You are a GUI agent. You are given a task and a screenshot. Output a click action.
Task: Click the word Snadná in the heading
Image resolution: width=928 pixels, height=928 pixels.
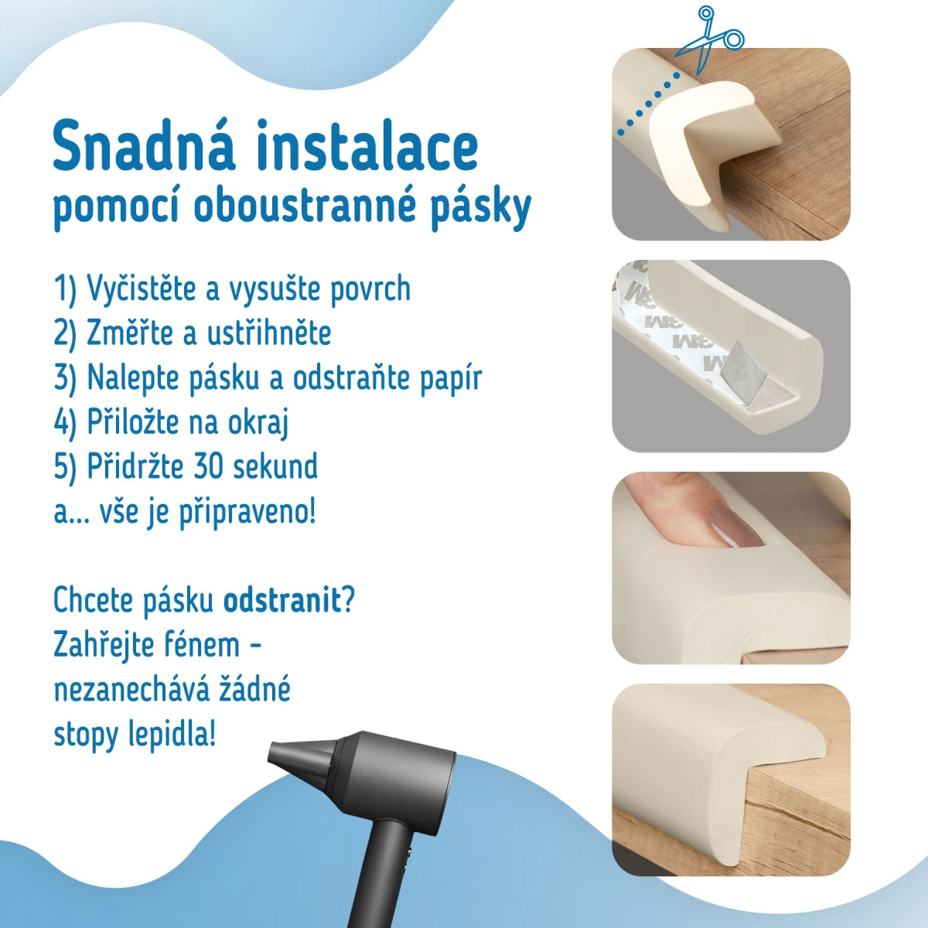point(144,145)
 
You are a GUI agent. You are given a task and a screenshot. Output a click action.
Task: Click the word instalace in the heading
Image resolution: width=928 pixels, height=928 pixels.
point(368,145)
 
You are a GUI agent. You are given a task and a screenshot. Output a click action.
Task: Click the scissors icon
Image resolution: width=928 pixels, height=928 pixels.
point(709,39)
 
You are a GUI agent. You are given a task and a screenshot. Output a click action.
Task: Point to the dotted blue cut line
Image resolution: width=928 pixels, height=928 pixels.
point(648,103)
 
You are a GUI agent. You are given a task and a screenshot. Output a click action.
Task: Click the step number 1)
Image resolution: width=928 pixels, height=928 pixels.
point(65,289)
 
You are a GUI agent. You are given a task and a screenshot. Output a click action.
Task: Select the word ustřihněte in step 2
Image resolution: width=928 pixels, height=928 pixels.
point(269,333)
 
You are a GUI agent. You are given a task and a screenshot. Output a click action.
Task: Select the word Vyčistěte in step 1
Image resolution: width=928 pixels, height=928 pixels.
point(141,289)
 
